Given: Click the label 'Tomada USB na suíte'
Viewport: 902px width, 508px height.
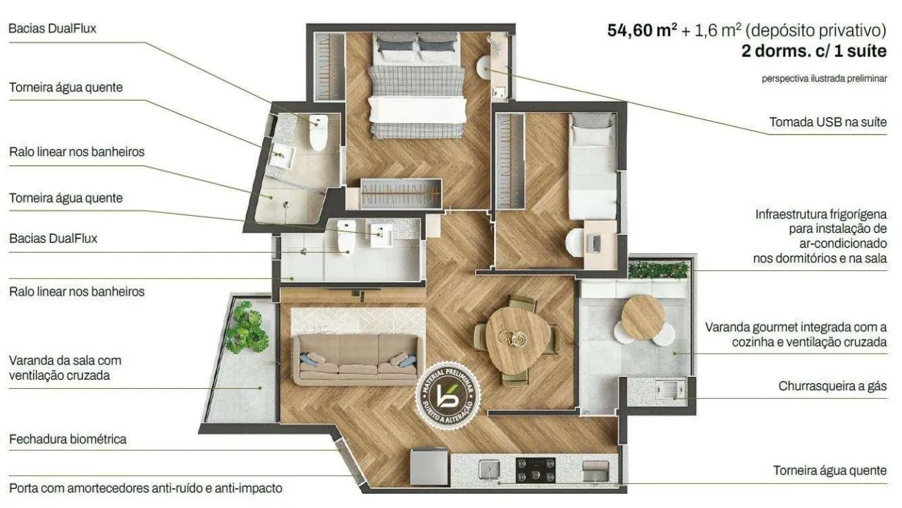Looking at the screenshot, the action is click(x=828, y=122).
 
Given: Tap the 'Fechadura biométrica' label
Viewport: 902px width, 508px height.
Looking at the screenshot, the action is click(x=68, y=439).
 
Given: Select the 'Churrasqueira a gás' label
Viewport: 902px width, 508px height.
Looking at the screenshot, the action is click(x=832, y=386).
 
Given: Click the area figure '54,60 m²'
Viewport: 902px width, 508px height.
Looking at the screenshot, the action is click(x=642, y=30).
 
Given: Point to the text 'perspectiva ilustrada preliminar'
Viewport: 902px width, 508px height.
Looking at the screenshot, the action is click(x=824, y=78).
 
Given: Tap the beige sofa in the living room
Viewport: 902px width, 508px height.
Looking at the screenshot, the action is click(x=357, y=359).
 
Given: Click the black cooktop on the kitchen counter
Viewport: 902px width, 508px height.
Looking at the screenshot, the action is click(x=536, y=470).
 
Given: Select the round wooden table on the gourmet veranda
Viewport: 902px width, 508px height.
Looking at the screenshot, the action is click(x=643, y=317).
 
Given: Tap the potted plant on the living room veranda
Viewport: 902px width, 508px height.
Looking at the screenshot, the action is click(x=246, y=327).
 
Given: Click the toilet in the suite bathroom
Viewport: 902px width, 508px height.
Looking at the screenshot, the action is click(x=319, y=132).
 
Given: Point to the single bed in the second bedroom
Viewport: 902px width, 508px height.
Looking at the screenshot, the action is click(x=593, y=166).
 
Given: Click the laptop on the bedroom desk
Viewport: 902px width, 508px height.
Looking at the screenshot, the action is click(x=594, y=243).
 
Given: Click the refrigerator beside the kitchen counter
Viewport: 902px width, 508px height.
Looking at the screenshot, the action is click(x=429, y=467).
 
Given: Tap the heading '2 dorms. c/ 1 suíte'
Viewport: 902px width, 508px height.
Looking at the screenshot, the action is click(x=814, y=51).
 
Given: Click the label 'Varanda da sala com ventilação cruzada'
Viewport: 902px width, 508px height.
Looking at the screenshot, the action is click(x=65, y=368).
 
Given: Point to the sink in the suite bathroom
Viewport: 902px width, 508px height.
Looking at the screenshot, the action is click(x=283, y=155).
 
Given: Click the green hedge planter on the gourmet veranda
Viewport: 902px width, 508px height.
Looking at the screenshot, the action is click(x=658, y=270).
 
